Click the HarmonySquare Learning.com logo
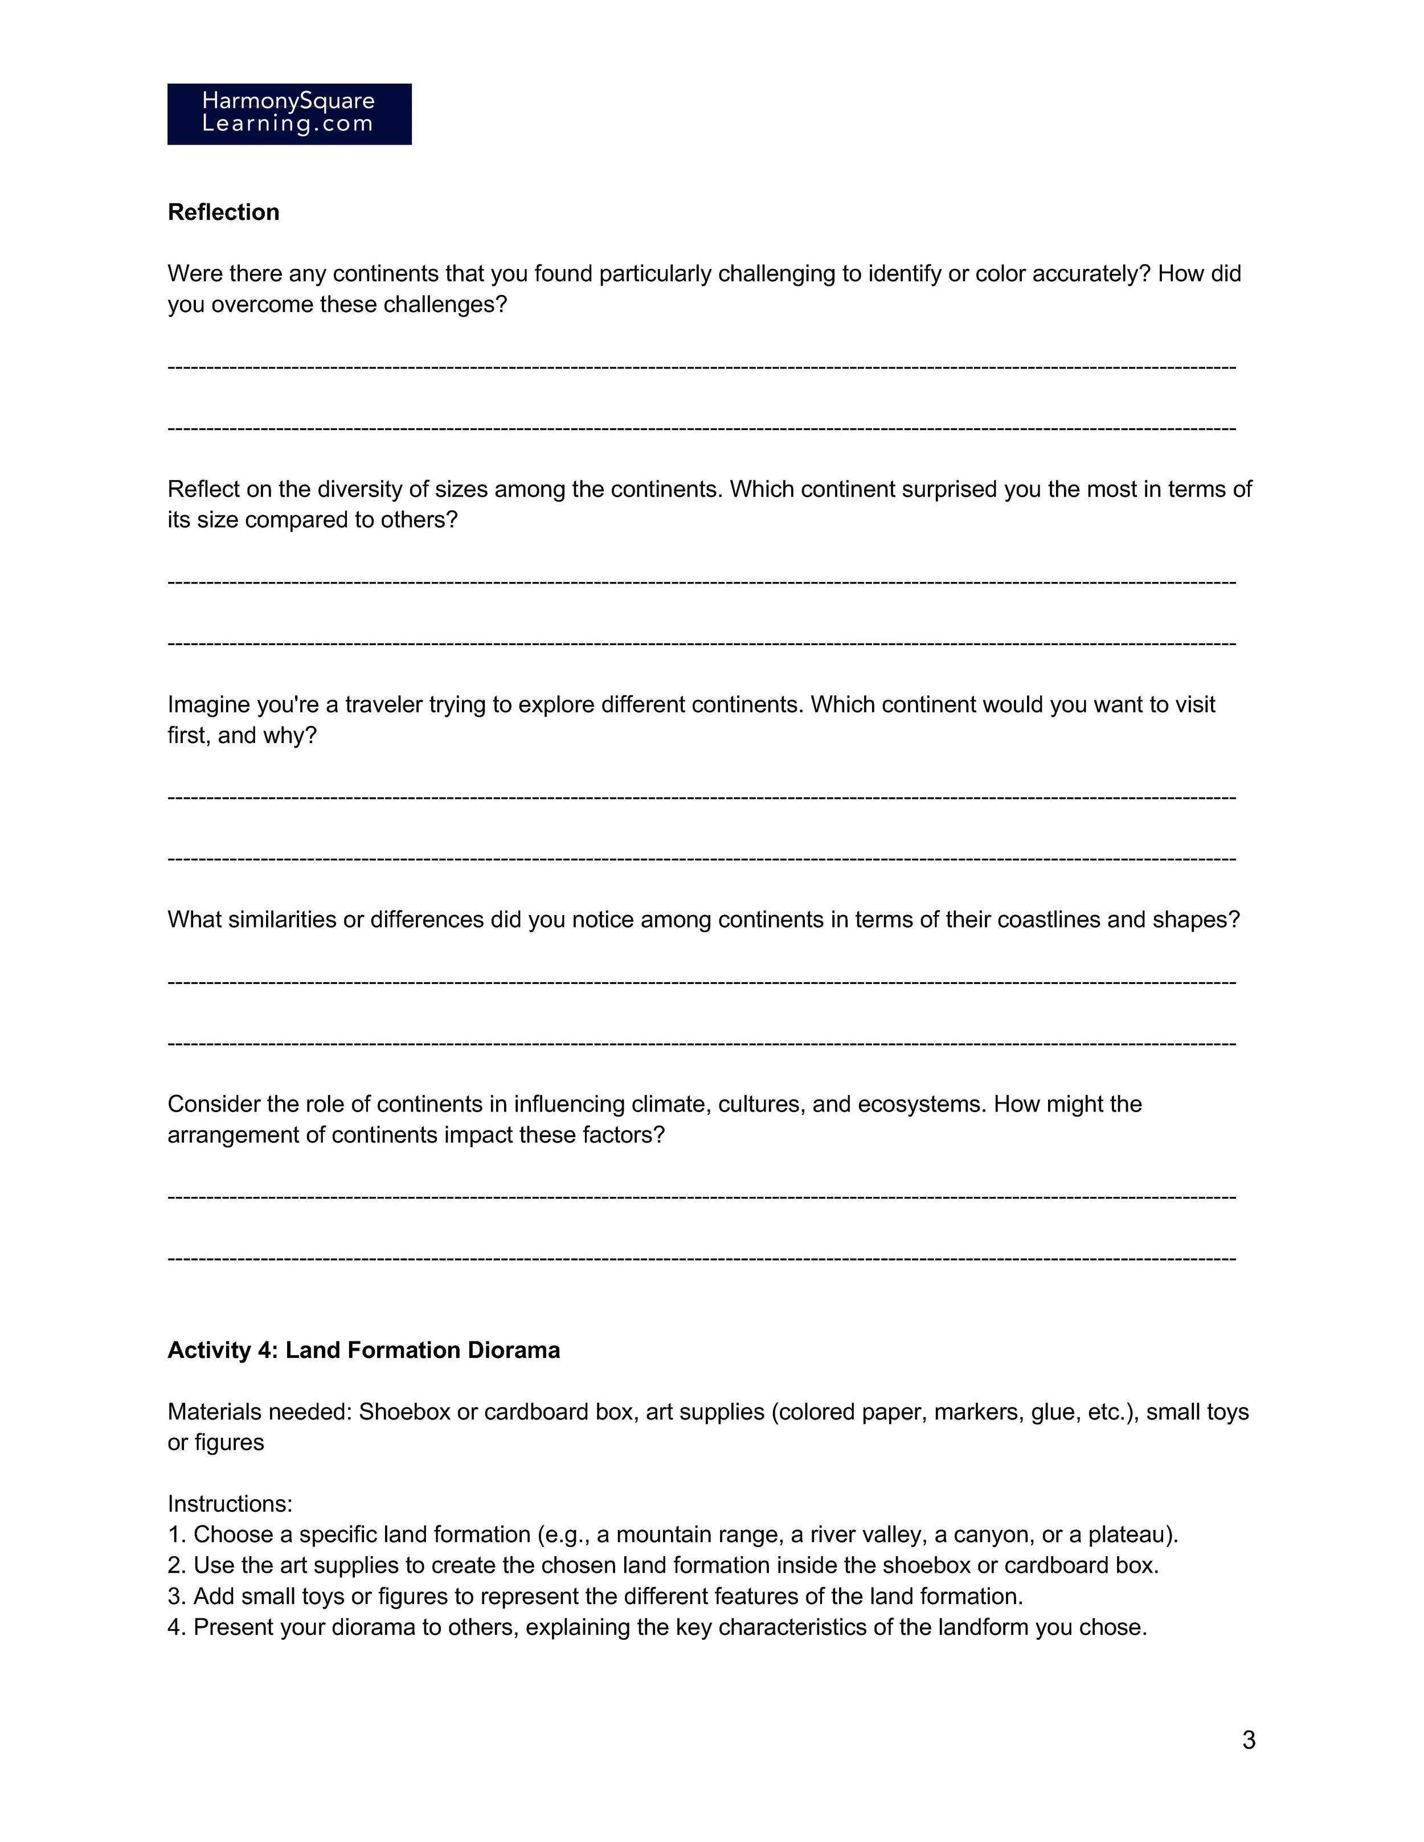[x=289, y=114]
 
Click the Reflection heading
[x=223, y=212]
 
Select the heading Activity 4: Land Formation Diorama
[x=363, y=1349]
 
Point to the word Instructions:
[x=230, y=1503]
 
